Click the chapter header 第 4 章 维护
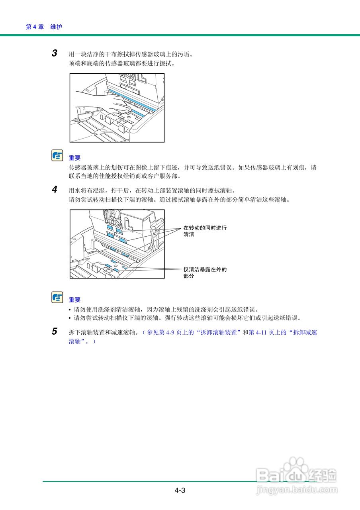point(44,27)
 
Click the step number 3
point(55,53)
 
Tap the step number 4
point(55,190)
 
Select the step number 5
point(55,331)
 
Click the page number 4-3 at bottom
point(180,490)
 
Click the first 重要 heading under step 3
point(74,158)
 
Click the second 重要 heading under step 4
point(74,300)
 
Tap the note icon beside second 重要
point(57,297)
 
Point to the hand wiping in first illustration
point(119,105)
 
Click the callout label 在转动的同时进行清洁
point(205,231)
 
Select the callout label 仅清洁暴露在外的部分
point(205,273)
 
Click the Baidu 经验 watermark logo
point(297,473)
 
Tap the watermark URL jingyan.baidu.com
point(297,490)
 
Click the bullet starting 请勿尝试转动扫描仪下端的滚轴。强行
point(187,318)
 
